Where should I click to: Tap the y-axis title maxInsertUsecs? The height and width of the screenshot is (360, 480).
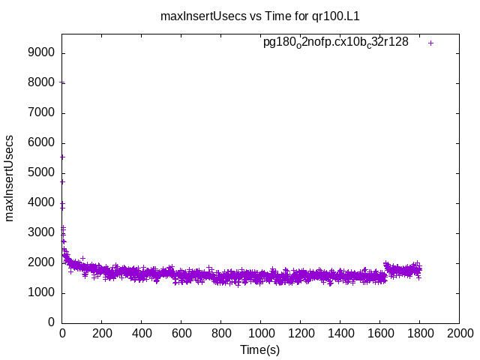coord(10,178)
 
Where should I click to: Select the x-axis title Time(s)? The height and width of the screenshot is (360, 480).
coord(259,349)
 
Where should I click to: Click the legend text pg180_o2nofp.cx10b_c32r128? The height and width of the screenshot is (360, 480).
coord(335,42)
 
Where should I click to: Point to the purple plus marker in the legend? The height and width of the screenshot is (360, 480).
coord(430,43)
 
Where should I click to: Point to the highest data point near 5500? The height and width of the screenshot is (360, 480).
coord(62,157)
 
